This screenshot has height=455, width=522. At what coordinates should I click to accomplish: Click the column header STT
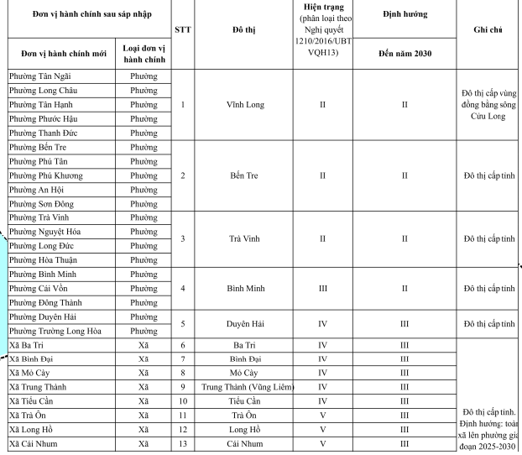[183, 30]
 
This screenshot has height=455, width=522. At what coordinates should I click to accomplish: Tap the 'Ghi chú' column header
[488, 30]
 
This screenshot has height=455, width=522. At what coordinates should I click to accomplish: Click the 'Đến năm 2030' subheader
[405, 54]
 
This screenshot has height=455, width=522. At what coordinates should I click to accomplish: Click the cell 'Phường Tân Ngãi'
[40, 76]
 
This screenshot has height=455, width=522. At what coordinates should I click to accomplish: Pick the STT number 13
[183, 444]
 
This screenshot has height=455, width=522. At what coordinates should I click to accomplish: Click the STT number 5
[183, 323]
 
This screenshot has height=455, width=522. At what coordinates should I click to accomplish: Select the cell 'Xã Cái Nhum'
[34, 444]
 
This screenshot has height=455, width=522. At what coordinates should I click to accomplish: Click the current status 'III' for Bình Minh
[323, 288]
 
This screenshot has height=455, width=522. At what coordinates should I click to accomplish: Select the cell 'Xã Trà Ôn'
[30, 416]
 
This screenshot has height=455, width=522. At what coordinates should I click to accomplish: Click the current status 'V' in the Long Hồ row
[323, 430]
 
